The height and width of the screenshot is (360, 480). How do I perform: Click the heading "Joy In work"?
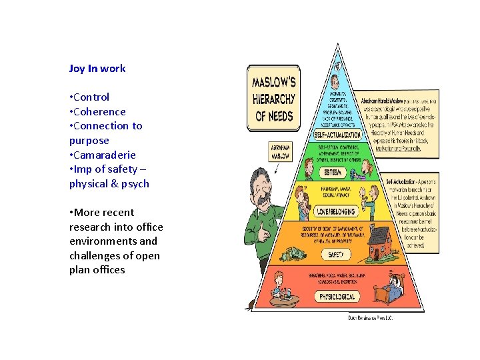point(97,68)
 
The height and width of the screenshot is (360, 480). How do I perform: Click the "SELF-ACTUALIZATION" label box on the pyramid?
point(337,135)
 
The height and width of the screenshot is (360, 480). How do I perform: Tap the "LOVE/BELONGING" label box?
point(337,211)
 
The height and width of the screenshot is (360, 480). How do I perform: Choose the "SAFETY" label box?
point(337,255)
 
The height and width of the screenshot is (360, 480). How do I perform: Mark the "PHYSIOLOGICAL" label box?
point(337,297)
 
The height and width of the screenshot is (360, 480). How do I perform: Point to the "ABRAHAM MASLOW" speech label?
point(280,153)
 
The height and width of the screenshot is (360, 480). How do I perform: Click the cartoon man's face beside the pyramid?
point(263,187)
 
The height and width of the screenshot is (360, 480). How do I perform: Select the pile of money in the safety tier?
point(293,254)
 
